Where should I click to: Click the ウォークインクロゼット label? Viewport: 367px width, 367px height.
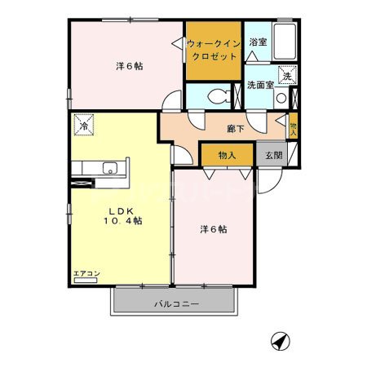coord(213,50)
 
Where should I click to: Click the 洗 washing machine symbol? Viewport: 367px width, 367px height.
coord(286,76)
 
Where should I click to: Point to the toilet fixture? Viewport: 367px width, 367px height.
coord(216,96)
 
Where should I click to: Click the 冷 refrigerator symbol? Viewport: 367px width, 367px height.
coord(85,125)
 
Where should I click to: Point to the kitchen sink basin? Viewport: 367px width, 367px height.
coord(109,170)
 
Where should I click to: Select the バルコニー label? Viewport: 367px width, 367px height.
coord(177,304)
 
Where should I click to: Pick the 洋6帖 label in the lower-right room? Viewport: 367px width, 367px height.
coord(214,229)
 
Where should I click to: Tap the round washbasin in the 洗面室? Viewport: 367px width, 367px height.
coord(281,97)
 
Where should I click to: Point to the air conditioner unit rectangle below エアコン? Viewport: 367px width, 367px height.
coord(85,281)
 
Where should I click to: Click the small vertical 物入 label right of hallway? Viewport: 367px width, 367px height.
coord(294,128)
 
